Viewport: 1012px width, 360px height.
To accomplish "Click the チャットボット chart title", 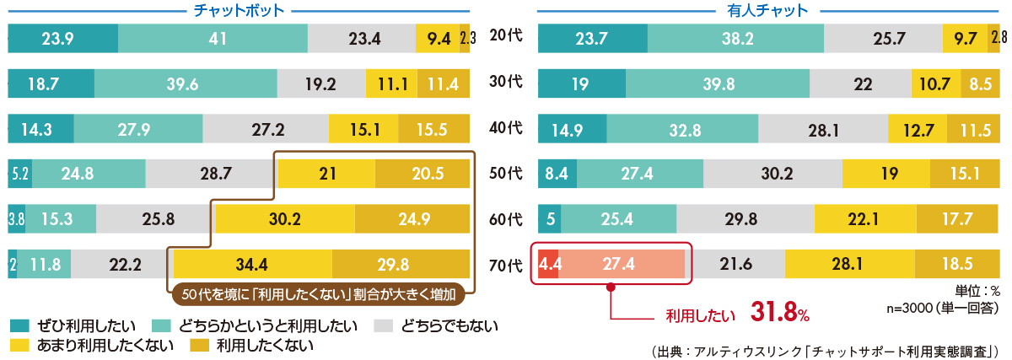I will pos(239,10).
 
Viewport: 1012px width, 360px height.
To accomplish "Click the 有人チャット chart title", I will pos(768,10).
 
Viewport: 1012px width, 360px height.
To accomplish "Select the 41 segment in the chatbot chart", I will pos(213,39).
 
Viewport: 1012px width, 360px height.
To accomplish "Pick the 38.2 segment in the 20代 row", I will pos(735,39).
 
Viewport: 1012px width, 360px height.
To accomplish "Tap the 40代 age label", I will pos(506,129).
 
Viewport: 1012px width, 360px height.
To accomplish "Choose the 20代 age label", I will pos(506,38).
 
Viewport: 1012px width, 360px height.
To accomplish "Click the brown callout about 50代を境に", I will pos(318,295).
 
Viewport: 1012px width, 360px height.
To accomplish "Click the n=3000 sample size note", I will pos(945,309).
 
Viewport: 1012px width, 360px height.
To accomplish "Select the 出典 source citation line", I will pos(826,348).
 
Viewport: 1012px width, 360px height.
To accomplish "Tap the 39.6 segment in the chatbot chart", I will pos(186,84).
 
